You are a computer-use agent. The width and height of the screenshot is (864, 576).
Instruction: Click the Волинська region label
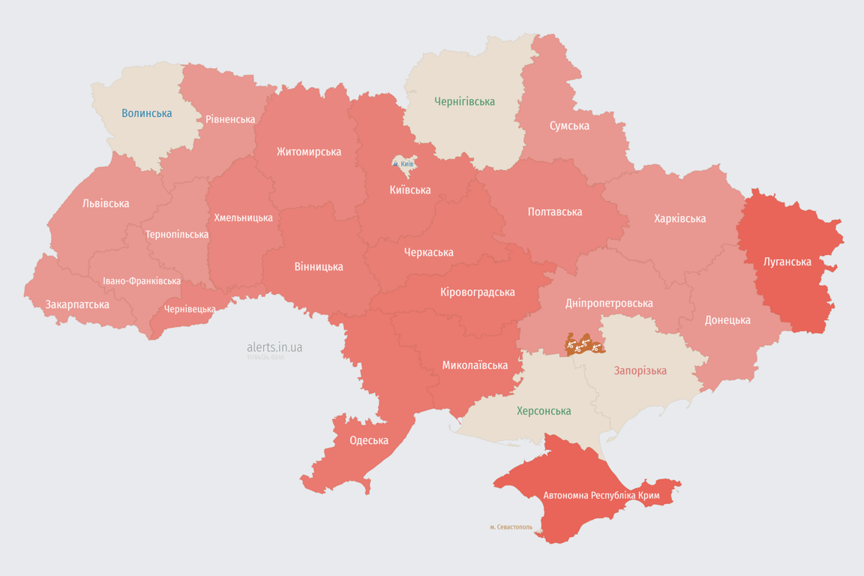[x=146, y=114]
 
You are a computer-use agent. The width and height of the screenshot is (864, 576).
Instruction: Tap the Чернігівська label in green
[x=464, y=101]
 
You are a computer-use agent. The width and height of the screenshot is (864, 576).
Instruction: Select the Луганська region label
[x=787, y=262]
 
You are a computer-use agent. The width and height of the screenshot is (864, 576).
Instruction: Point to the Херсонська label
[x=544, y=411]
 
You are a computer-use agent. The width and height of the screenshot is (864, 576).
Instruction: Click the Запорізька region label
[x=640, y=370]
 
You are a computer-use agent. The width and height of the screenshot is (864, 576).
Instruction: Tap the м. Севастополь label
[x=511, y=527]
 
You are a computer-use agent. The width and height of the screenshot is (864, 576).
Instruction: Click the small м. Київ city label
[x=403, y=163]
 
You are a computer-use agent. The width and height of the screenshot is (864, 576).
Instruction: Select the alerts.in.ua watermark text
[x=274, y=347]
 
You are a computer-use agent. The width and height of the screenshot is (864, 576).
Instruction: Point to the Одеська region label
[x=369, y=440]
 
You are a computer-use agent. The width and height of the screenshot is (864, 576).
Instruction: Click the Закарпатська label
[x=77, y=304]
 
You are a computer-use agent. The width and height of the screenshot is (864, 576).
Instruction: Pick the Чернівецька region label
[x=190, y=309]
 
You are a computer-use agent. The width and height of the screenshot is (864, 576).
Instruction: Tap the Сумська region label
[x=569, y=126]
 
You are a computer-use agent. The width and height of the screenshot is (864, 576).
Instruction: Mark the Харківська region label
[x=679, y=219]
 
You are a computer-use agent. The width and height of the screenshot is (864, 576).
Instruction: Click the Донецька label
[x=727, y=320]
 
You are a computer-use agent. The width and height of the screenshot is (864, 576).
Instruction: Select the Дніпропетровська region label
[x=608, y=303]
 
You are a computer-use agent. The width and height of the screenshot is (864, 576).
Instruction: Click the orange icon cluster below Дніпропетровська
[x=584, y=345]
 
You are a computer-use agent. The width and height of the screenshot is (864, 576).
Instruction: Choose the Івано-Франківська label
[x=142, y=281]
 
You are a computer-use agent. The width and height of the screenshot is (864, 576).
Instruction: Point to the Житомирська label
[x=308, y=152]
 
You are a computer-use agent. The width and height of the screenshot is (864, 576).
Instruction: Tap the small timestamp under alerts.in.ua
[x=265, y=358]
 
